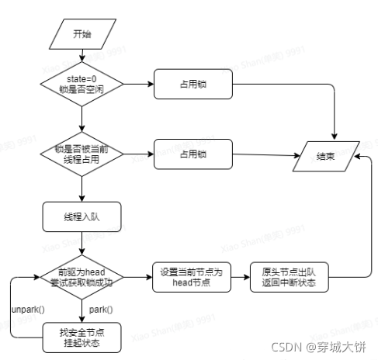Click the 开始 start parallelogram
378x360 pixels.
tap(81, 33)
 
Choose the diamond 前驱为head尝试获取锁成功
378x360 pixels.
tap(81, 277)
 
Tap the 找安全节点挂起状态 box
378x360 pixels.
tap(81, 336)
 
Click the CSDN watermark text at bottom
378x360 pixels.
tap(326, 348)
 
